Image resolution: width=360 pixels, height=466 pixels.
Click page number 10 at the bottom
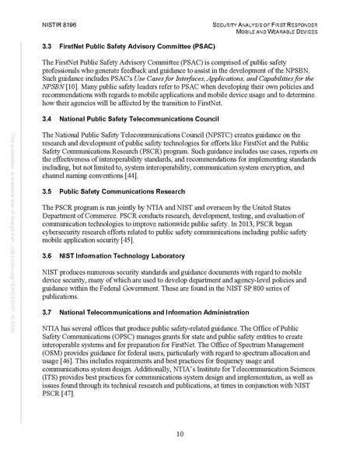click(x=180, y=433)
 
